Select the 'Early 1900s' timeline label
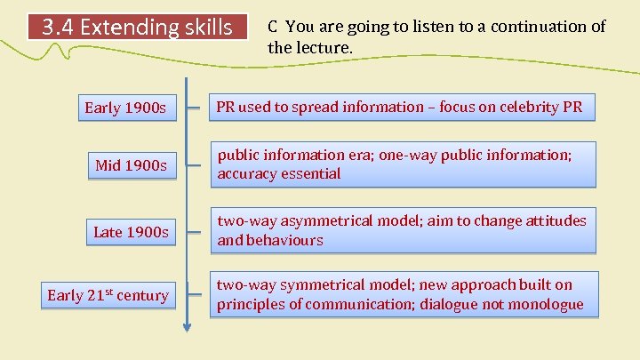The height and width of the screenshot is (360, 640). tap(125, 108)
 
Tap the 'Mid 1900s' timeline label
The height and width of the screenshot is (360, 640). tap(132, 165)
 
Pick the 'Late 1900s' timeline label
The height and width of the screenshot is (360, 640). tap(131, 232)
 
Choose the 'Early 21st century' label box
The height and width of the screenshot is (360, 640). tap(108, 295)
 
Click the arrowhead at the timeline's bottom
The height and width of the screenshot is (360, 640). tap(187, 327)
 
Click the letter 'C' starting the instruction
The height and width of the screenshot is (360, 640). tap(273, 27)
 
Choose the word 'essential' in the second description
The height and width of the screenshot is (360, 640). tap(310, 174)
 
